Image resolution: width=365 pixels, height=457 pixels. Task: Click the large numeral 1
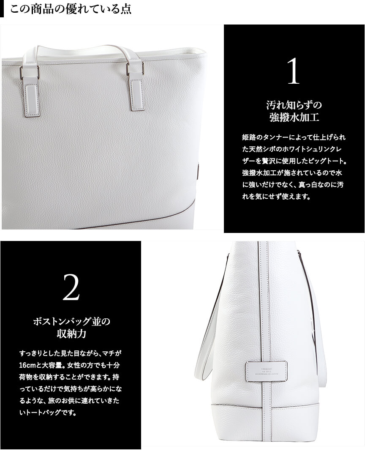pos(294,71)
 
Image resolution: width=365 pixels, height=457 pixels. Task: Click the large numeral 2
pos(71,287)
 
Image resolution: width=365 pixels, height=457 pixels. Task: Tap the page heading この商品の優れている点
pos(71,8)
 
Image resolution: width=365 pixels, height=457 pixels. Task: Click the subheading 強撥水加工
pos(294,118)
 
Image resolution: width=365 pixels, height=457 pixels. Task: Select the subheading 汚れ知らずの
pos(294,105)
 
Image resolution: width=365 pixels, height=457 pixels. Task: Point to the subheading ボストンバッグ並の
pos(71,321)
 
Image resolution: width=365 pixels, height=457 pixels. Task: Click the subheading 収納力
pos(71,334)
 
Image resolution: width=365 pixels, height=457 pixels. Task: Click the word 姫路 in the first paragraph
pos(248,137)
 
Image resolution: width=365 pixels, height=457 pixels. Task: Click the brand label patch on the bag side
pos(267,371)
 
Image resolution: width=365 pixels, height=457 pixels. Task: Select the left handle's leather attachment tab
pos(31,96)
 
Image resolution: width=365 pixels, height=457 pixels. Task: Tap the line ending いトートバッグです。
pos(48,413)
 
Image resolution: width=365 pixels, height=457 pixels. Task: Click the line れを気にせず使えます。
pos(276,197)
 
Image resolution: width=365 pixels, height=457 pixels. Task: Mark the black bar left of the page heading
pos(2,8)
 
